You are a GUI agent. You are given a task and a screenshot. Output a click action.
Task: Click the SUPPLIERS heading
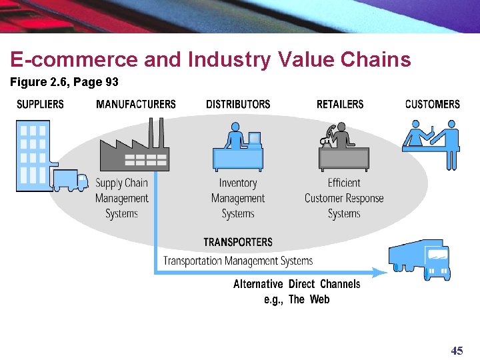coord(40,104)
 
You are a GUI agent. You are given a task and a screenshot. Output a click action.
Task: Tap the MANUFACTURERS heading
coord(135,104)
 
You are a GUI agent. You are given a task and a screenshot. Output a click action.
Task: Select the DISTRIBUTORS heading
coord(238,104)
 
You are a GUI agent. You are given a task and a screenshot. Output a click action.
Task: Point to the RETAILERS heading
coord(340,104)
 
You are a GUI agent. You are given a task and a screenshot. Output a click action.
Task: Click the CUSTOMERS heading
coord(432,104)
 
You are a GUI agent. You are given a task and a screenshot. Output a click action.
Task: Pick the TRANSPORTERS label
coord(238,242)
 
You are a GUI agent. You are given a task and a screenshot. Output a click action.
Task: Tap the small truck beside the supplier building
coord(71,181)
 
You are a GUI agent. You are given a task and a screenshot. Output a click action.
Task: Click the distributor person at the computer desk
coord(238,147)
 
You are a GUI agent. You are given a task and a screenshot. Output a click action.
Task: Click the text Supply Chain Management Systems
coord(121,198)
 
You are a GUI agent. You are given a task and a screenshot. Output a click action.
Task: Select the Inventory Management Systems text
coord(238,198)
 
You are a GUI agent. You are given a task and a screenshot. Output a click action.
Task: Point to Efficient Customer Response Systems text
coord(344,198)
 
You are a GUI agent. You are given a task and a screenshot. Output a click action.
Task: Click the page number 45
coord(457,351)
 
